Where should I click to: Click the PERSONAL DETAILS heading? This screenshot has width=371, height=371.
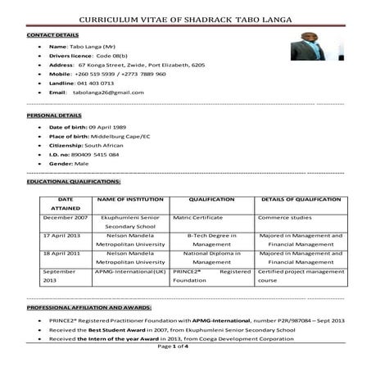tap(49, 116)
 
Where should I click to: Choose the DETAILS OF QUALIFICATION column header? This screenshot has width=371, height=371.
tap(301, 199)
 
